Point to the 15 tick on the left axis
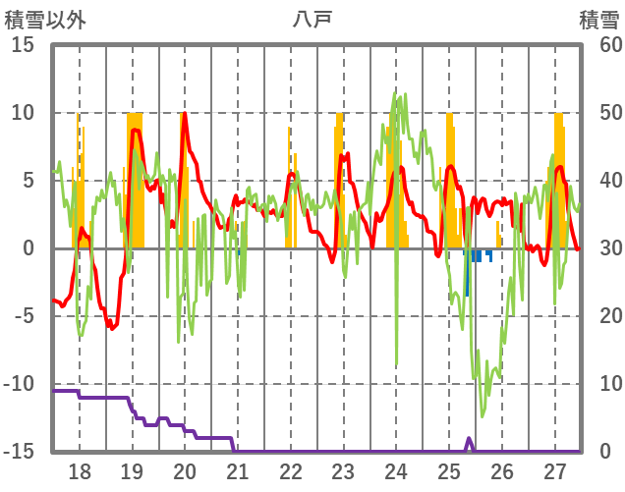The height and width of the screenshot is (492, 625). tap(24, 45)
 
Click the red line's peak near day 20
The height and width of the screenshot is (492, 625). tap(184, 115)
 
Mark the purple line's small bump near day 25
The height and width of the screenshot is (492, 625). tap(469, 440)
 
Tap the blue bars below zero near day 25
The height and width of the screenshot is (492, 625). tap(476, 256)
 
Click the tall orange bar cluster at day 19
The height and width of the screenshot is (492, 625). tap(135, 177)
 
